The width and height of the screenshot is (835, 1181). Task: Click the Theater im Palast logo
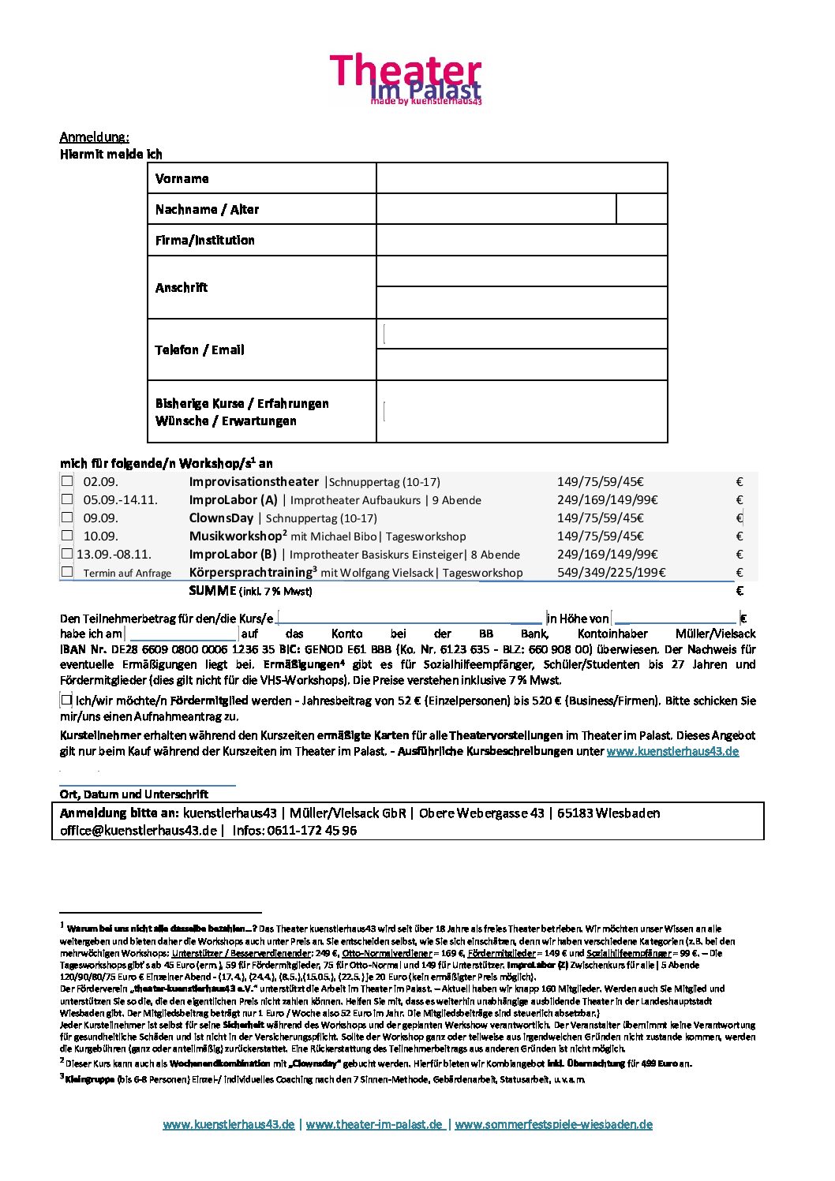point(405,80)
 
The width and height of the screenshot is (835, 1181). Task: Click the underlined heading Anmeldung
point(95,137)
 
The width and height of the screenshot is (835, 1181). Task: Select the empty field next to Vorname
point(522,178)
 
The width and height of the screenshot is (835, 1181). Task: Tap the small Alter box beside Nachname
point(641,209)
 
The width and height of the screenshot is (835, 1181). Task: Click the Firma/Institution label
point(205,240)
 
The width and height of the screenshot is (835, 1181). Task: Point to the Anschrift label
point(182,287)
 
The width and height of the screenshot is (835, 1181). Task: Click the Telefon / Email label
point(200,349)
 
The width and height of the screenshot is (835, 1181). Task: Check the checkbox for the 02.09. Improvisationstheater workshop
point(67,481)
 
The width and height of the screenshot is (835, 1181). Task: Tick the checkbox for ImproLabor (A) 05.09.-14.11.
point(67,499)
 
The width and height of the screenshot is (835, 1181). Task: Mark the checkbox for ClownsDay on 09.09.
point(67,518)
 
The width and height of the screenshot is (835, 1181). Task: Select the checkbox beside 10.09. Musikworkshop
point(67,536)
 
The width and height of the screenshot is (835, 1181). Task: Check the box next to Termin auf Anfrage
point(67,572)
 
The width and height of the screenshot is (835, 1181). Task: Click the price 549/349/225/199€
point(611,573)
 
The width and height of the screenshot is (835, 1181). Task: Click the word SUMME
point(212,591)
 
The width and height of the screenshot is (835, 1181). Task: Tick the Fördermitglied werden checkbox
point(67,700)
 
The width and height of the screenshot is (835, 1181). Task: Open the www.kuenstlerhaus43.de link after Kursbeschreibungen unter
point(672,751)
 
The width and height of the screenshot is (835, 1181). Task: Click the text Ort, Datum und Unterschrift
point(134,794)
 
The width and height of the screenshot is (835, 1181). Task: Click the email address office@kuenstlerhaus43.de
point(138,831)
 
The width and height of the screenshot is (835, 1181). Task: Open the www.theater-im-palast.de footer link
point(375,1124)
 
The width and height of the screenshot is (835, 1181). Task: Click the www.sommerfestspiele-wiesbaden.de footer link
point(554,1124)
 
